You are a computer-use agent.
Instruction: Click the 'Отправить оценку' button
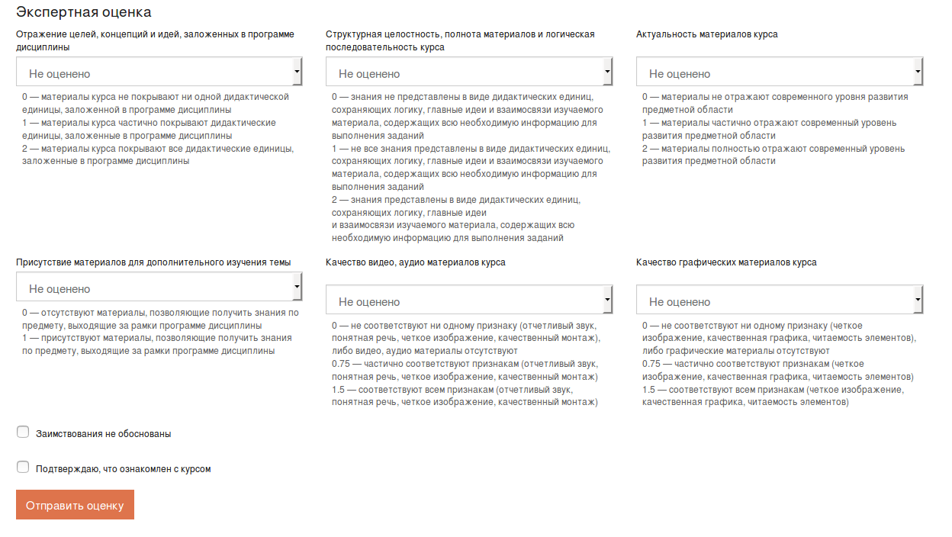[75, 505]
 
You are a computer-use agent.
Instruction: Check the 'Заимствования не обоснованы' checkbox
[23, 432]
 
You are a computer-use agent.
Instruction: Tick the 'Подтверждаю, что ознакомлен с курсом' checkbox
[23, 468]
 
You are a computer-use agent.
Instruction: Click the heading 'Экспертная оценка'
[84, 12]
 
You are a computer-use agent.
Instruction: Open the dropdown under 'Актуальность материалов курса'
[779, 72]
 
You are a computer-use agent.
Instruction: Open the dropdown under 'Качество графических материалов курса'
[779, 301]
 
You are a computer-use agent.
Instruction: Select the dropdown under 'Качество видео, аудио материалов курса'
[468, 301]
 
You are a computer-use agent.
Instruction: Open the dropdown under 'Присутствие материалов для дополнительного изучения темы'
[159, 288]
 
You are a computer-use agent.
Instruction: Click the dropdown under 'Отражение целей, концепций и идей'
[159, 72]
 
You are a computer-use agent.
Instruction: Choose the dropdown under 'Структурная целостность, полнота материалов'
[468, 72]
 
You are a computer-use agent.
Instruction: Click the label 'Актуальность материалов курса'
[707, 34]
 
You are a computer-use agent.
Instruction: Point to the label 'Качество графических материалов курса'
[726, 262]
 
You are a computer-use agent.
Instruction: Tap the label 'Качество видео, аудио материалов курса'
[415, 262]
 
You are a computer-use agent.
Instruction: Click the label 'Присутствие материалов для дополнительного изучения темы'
[153, 262]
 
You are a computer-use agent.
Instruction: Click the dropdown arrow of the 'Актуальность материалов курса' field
[918, 72]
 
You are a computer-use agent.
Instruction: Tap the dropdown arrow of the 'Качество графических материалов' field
[918, 300]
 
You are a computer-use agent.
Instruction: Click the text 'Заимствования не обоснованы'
[104, 434]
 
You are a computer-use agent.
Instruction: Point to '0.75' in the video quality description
[341, 364]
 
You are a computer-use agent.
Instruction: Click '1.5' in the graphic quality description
[648, 390]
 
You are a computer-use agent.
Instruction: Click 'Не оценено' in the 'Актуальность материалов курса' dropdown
[680, 74]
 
